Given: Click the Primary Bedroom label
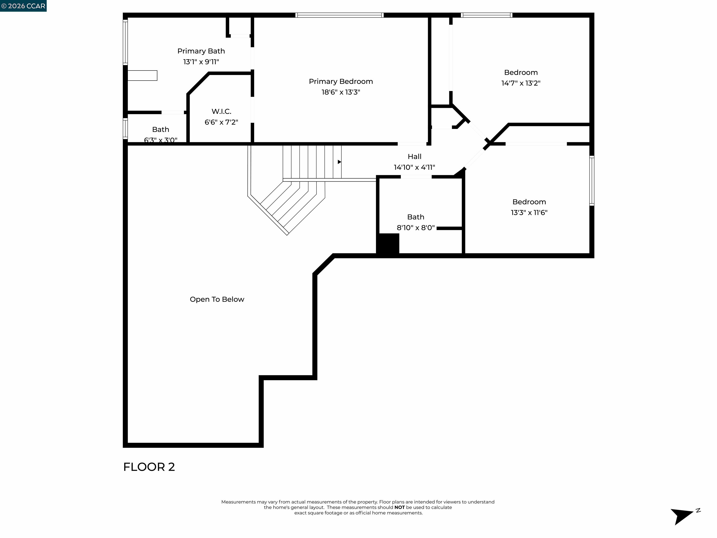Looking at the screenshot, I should pos(341,81).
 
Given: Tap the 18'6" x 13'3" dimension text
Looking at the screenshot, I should pos(341,92).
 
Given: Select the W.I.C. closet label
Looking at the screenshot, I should pos(221,112).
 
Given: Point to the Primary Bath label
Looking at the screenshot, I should pos(201,51).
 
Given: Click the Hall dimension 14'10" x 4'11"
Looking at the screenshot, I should pos(414,167).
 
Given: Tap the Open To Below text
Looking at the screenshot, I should pos(217,299).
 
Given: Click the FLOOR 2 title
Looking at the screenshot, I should pos(149,467).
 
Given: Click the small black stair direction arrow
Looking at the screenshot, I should pos(339,162).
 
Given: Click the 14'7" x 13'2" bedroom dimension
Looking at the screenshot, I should pos(520,83).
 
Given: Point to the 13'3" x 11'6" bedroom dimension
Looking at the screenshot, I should pos(529,213).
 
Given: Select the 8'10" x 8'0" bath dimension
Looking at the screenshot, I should pos(415,228).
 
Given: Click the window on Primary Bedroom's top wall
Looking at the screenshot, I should pos(339,15).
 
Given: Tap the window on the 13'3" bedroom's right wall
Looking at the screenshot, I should pos(592,181).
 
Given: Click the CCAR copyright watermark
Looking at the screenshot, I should pos(23,6).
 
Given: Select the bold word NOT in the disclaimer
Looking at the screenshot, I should pos(399,507).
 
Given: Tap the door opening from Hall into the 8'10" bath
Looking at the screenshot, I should pos(416,177).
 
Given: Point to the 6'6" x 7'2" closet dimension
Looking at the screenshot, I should pos(221,122).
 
